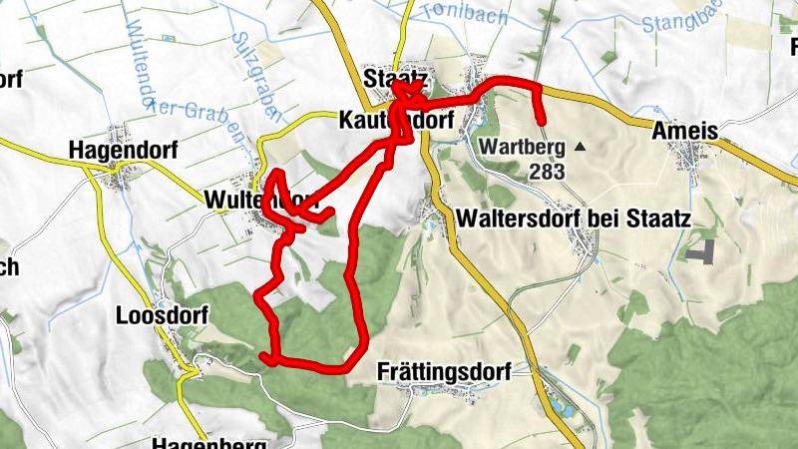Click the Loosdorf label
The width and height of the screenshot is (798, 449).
162,314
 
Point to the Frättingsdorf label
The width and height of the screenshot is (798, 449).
444,372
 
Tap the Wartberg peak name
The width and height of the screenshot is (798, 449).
522,147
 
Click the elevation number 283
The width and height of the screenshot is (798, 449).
548,172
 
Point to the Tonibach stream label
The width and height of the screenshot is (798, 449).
465,12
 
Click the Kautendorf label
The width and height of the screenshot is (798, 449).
396,120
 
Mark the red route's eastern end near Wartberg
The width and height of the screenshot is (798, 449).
542,122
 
